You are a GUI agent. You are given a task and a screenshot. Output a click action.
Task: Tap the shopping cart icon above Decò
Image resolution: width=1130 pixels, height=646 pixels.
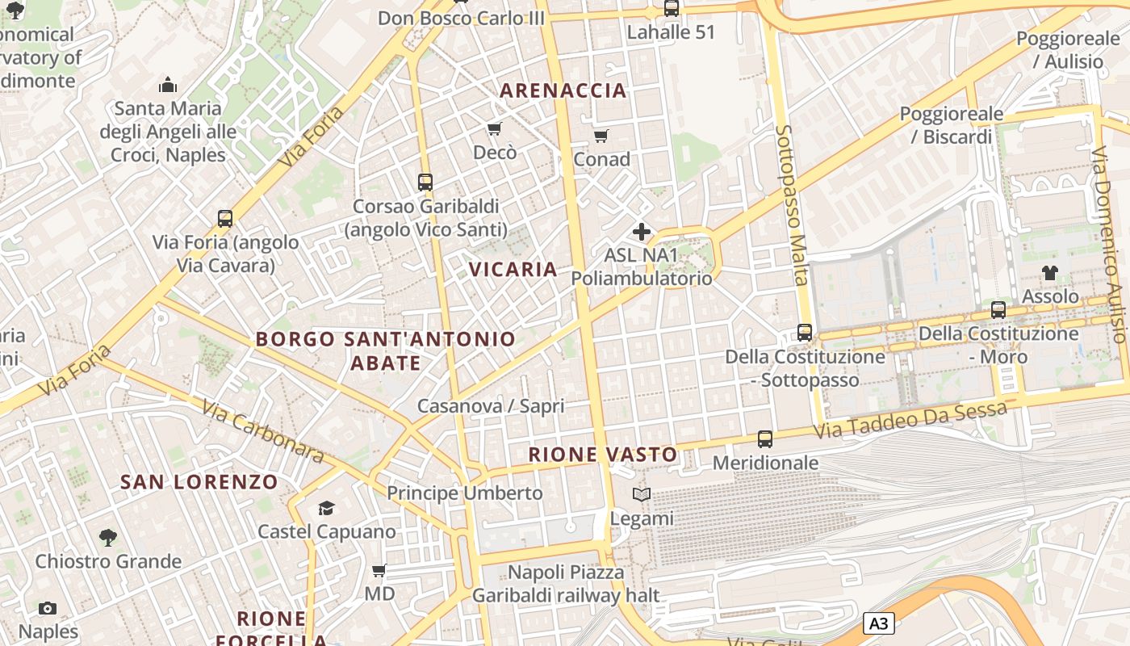point(495,129)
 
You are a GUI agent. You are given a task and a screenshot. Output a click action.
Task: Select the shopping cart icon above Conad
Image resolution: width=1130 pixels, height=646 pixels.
point(601,136)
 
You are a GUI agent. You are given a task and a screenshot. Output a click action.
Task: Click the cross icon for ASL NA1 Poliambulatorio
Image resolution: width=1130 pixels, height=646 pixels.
point(642,233)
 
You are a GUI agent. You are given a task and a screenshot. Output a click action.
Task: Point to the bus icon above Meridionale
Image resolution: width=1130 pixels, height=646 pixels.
point(765,439)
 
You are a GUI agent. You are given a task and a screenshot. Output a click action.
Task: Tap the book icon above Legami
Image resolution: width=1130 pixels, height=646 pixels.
point(642,494)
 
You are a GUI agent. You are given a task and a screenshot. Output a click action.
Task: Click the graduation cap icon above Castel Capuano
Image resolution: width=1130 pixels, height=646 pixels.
point(326,508)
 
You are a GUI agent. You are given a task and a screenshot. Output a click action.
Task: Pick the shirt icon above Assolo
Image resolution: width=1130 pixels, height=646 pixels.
point(1050,273)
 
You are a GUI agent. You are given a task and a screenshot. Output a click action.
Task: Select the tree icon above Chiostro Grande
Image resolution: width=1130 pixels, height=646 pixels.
point(107,537)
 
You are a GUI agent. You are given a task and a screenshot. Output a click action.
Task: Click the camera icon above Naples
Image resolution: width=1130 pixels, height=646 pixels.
point(48,608)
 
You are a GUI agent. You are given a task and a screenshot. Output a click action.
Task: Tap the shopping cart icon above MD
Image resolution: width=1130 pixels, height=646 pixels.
point(379,571)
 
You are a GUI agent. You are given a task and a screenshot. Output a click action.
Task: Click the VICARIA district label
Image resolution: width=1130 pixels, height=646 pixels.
point(513,270)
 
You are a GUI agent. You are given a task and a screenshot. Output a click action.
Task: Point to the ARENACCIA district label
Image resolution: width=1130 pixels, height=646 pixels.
point(563,90)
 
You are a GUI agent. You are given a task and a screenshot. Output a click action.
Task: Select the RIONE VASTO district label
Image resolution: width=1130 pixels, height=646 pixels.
point(602,455)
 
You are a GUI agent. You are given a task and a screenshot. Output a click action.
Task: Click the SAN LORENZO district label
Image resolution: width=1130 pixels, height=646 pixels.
point(199,482)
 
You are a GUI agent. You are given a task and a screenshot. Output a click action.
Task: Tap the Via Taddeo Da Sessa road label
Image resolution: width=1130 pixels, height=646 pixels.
point(910,421)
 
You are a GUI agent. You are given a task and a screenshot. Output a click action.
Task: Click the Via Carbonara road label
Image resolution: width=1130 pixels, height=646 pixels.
point(263,432)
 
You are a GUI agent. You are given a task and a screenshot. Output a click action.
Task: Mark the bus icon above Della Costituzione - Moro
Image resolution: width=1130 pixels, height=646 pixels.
point(998,310)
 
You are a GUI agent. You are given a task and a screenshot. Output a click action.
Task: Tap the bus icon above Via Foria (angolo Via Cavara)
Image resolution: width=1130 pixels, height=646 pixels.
point(225,219)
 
